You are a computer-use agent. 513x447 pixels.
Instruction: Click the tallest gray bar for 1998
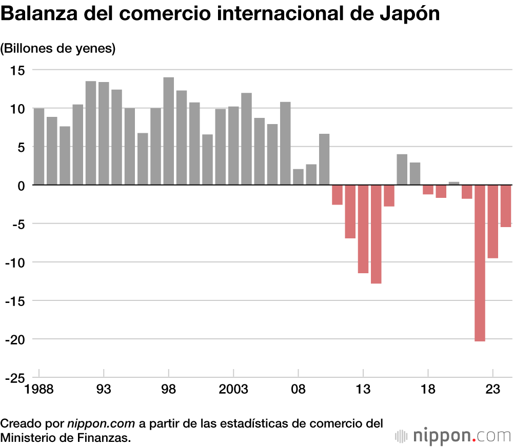pyautogui.click(x=168, y=131)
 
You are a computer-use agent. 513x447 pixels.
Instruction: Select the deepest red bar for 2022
pyautogui.click(x=480, y=263)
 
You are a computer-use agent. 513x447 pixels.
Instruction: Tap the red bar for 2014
pyautogui.click(x=376, y=234)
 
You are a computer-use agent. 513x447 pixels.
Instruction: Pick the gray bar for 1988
pyautogui.click(x=38, y=147)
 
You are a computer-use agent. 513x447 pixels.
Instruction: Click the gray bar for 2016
pyautogui.click(x=402, y=170)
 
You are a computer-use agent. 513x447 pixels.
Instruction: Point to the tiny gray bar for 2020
pyautogui.click(x=453, y=183)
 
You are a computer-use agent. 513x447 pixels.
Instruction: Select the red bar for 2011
pyautogui.click(x=337, y=195)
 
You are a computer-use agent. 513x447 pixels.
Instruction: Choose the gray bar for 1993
pyautogui.click(x=104, y=133)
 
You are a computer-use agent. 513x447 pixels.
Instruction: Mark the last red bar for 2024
pyautogui.click(x=506, y=206)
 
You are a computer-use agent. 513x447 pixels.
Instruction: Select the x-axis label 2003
pyautogui.click(x=233, y=390)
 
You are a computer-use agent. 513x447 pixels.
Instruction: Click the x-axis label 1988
pyautogui.click(x=39, y=390)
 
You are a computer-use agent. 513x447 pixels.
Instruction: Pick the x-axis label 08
pyautogui.click(x=298, y=390)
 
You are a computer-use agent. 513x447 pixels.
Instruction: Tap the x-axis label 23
pyautogui.click(x=492, y=390)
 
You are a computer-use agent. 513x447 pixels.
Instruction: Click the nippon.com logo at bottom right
pyautogui.click(x=453, y=436)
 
